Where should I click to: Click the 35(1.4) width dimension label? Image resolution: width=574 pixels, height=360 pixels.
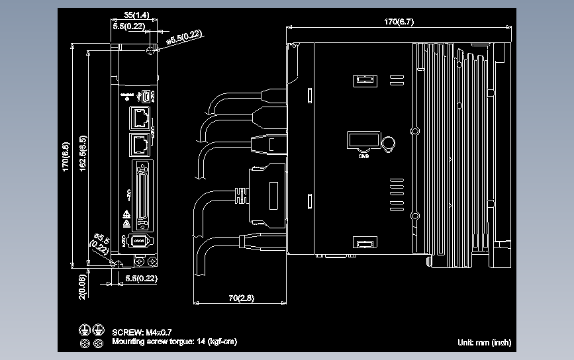pos(136,15)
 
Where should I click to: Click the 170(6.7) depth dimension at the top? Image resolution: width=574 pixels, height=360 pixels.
pos(399,22)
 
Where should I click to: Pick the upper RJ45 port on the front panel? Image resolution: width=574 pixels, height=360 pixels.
pos(141,118)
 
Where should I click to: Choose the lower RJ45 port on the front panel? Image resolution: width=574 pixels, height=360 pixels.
pos(141,144)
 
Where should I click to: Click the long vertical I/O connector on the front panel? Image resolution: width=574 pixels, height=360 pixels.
pos(141,193)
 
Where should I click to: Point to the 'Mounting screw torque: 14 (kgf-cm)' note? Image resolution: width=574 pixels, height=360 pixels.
pos(174,341)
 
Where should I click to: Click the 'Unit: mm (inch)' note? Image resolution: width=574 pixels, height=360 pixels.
pos(484,342)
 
